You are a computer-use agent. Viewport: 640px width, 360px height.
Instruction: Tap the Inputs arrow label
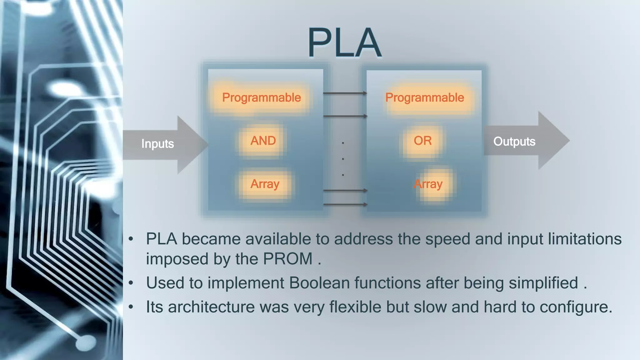[x=157, y=144]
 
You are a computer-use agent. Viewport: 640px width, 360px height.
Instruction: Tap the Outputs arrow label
[x=514, y=142]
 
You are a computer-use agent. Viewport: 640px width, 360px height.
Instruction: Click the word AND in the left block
[x=263, y=141]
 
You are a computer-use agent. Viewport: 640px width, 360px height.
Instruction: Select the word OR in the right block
[x=422, y=141]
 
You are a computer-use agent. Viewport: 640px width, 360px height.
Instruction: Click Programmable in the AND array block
[x=261, y=97]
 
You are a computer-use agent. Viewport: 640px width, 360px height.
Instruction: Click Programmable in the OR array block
[x=424, y=97]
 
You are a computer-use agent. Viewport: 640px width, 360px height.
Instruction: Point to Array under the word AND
[x=265, y=184]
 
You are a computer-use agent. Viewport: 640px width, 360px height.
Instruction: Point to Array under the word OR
[x=428, y=184]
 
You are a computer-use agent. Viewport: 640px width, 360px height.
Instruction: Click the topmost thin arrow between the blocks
[x=345, y=93]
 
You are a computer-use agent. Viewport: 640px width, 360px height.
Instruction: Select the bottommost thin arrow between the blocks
[x=345, y=204]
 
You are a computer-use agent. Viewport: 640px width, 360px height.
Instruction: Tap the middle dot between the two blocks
[x=343, y=159]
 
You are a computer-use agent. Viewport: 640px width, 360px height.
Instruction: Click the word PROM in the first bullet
[x=287, y=259]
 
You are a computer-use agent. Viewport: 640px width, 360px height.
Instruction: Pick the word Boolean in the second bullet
[x=319, y=283]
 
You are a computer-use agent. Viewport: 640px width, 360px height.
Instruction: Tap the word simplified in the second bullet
[x=543, y=283]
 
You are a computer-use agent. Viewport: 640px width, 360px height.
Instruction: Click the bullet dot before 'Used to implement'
[x=131, y=283]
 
